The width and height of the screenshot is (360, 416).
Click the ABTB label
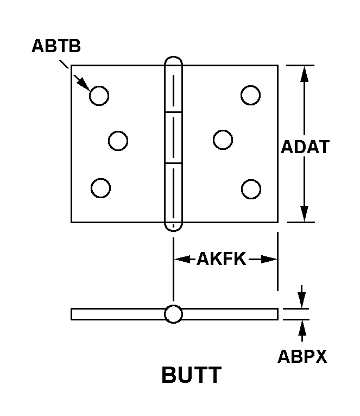point(56,46)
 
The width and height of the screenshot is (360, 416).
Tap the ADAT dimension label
point(305,147)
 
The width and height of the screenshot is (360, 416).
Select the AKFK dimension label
point(222,259)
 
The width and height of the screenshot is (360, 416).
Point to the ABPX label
point(302,356)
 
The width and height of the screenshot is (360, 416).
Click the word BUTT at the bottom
point(192,375)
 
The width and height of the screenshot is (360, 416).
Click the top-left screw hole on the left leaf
point(99,96)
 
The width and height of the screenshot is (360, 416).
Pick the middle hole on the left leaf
point(118,141)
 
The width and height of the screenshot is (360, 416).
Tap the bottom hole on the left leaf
point(100,188)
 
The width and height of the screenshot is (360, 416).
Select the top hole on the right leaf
point(251,95)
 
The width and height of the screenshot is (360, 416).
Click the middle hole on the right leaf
point(223,140)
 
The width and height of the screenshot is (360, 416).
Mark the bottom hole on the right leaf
point(251,189)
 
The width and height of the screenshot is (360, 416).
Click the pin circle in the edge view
point(174,314)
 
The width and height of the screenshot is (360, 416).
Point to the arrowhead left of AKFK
point(182,259)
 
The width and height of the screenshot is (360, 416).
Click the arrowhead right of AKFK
point(269,259)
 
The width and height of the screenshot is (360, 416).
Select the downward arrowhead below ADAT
point(304,213)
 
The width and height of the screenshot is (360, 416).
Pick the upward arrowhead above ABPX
point(302,328)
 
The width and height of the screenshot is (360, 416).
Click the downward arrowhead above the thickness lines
point(302,300)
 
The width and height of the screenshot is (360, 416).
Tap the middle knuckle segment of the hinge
point(174,137)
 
